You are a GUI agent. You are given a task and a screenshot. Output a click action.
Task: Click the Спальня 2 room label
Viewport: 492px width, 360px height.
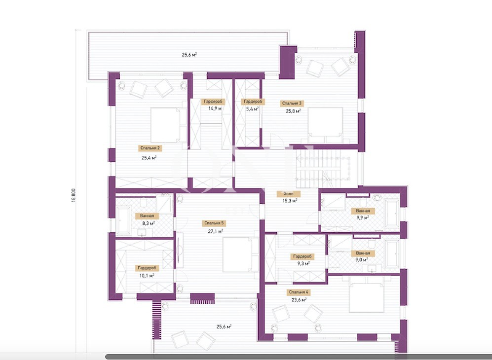pyautogui.click(x=151, y=148)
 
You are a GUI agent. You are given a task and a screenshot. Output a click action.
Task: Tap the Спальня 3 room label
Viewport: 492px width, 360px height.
pyautogui.click(x=292, y=103)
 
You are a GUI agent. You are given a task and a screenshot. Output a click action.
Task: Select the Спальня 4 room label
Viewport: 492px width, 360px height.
pyautogui.click(x=299, y=292)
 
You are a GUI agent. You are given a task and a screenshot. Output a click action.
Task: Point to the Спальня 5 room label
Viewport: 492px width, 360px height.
pyautogui.click(x=214, y=223)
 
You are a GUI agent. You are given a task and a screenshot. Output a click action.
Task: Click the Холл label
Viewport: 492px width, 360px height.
pyautogui.click(x=289, y=194)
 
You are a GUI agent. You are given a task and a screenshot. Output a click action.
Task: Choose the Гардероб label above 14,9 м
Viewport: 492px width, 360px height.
pyautogui.click(x=213, y=102)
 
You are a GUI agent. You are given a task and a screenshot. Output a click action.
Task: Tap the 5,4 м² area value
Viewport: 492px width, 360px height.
pyautogui.click(x=252, y=109)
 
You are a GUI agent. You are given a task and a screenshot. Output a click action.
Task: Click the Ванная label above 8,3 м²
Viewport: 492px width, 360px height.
pyautogui.click(x=147, y=216)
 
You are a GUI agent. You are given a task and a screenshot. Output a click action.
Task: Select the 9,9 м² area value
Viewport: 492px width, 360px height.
pyautogui.click(x=362, y=217)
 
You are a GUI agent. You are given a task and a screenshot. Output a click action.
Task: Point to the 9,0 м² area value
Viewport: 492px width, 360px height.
pyautogui.click(x=362, y=260)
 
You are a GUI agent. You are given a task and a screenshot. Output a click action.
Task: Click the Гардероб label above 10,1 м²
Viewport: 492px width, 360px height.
pyautogui.click(x=147, y=268)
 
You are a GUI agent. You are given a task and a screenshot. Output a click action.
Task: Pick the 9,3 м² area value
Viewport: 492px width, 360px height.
pyautogui.click(x=303, y=264)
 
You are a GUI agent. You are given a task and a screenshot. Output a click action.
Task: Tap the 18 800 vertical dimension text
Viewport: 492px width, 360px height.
pyautogui.click(x=74, y=195)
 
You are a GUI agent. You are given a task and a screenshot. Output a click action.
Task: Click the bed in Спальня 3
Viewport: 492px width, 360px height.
pyautogui.click(x=325, y=125)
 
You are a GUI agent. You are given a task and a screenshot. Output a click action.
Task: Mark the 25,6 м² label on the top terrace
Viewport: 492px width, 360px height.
pyautogui.click(x=189, y=55)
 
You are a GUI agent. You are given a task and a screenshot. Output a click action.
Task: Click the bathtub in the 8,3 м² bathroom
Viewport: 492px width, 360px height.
pyautogui.click(x=123, y=220)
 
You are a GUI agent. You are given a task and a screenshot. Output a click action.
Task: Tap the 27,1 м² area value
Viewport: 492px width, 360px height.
pyautogui.click(x=216, y=231)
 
